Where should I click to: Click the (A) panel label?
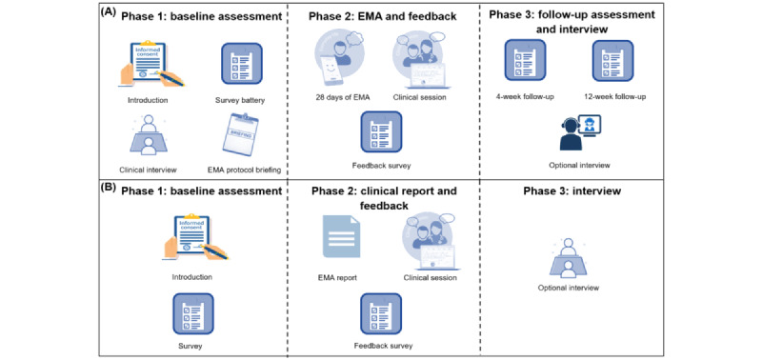click(110, 13)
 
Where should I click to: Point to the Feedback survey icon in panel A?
click(381, 131)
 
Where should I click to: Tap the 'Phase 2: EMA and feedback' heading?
click(381, 16)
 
